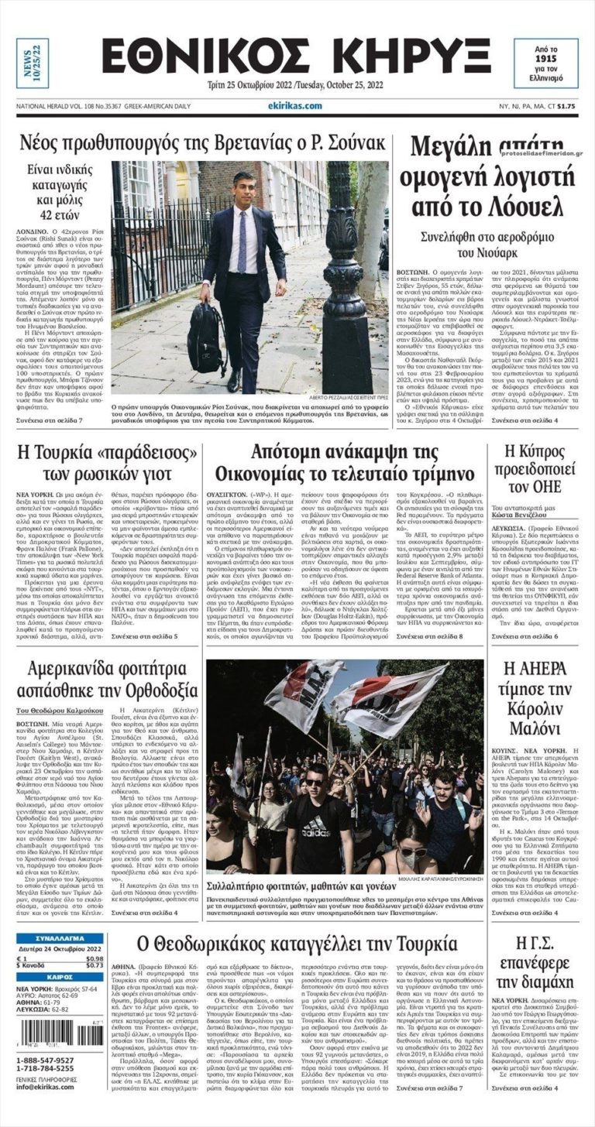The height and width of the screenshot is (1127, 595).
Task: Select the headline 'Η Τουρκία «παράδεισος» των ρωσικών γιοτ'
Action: pyautogui.click(x=106, y=463)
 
